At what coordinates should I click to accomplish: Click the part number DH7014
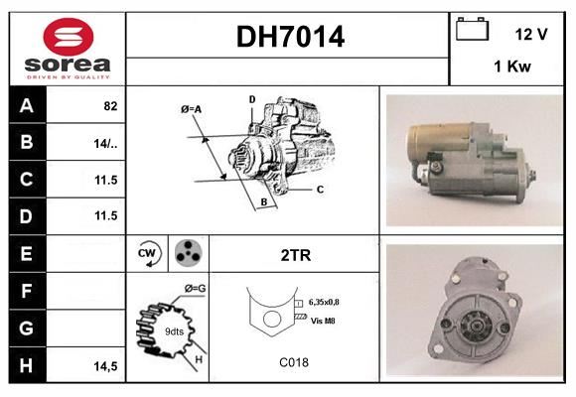(x=290, y=37)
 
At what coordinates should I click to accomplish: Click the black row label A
(x=25, y=104)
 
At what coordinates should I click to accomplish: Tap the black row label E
(x=25, y=254)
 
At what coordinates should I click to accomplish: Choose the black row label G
(x=25, y=329)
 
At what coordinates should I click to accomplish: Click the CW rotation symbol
(x=148, y=253)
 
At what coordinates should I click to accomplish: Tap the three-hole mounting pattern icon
(x=187, y=253)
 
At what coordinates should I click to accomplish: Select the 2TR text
(x=296, y=255)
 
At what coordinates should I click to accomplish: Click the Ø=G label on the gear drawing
(x=195, y=289)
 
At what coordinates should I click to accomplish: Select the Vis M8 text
(x=324, y=320)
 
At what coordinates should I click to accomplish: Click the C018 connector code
(x=294, y=363)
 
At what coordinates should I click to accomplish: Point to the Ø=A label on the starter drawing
(x=192, y=108)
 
